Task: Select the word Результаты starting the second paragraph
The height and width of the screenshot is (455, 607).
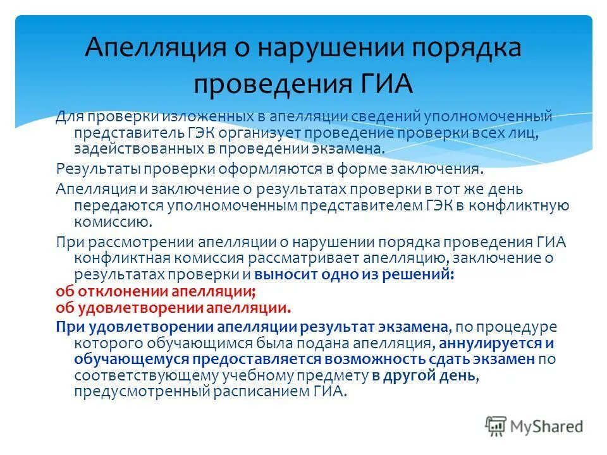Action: tap(97, 169)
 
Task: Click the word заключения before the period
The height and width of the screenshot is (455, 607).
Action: tap(445, 169)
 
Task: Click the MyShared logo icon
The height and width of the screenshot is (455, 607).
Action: tap(496, 425)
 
